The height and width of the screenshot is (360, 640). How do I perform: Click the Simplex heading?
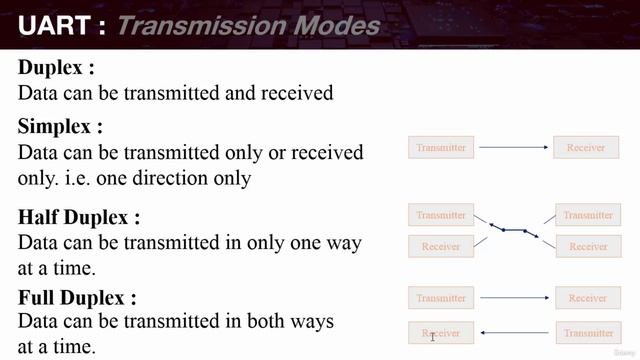point(60,127)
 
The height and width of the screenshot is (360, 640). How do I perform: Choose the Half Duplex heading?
point(79,217)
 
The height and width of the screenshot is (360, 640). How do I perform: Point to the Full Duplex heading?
point(77,297)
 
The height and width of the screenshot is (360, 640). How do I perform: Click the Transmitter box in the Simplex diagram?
point(441,148)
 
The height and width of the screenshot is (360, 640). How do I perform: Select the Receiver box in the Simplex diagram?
point(586,148)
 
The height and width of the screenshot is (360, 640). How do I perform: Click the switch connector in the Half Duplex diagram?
point(514,230)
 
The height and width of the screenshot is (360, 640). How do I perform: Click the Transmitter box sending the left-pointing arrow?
point(587,333)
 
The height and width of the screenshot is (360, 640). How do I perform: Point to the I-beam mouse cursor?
point(432,337)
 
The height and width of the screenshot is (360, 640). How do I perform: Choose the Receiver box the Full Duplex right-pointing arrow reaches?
point(587,298)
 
